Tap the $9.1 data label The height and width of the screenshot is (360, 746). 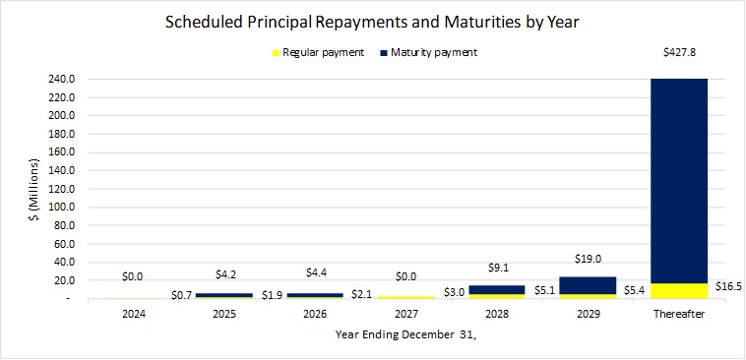[497, 268]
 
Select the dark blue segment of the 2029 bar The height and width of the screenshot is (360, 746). [588, 284]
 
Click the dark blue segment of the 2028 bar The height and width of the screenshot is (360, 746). [497, 289]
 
